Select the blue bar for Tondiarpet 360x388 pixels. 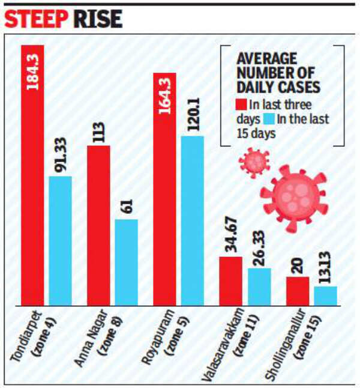(x=60, y=240)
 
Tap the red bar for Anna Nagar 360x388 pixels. (x=98, y=225)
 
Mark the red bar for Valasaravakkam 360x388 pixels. (x=230, y=281)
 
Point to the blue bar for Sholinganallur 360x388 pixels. (x=325, y=296)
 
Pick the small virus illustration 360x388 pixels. (x=254, y=161)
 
